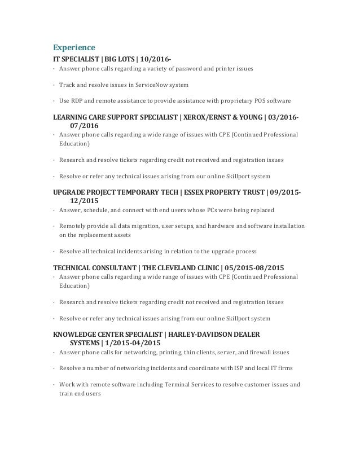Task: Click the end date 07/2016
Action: click(84, 126)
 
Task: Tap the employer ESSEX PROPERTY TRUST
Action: click(222, 192)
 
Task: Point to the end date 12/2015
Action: click(84, 201)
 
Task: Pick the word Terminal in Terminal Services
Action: click(179, 385)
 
